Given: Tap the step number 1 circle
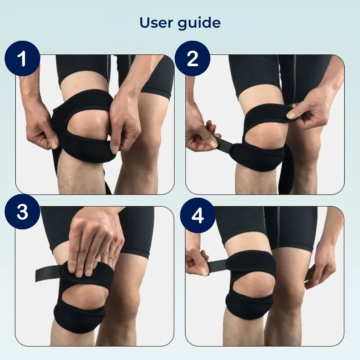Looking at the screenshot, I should click(x=22, y=59).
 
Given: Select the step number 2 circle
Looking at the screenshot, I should click(x=193, y=59).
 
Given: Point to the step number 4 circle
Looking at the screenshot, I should click(x=197, y=216).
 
